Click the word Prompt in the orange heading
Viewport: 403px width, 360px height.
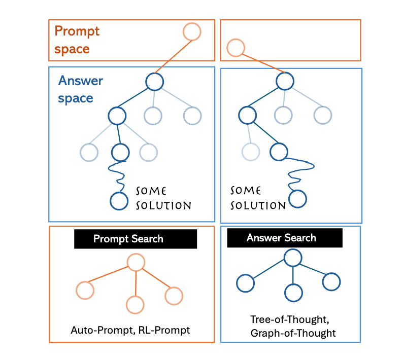[x=77, y=31]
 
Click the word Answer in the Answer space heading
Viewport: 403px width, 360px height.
[x=80, y=81]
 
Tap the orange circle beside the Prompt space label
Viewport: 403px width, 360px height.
[x=192, y=31]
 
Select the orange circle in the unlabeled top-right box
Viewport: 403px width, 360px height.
[x=235, y=49]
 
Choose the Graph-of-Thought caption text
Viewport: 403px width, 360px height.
[x=293, y=333]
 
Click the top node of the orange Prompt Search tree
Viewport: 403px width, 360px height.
[x=136, y=262]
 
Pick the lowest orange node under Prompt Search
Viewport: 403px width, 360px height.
[x=136, y=304]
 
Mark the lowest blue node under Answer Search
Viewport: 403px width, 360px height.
[x=293, y=292]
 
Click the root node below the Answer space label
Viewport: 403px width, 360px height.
[x=154, y=81]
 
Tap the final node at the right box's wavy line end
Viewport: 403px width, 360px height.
[x=297, y=198]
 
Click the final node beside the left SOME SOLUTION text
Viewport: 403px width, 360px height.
[x=119, y=200]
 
